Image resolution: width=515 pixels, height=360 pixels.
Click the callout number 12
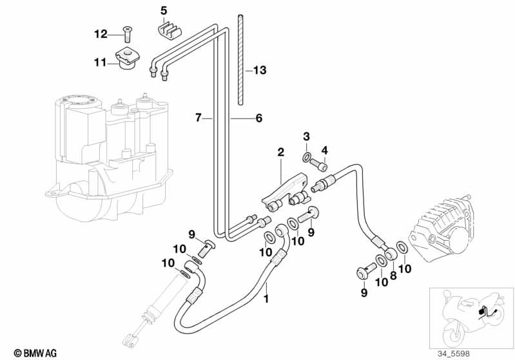[x=101, y=33]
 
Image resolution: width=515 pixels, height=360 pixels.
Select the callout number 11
[x=100, y=62]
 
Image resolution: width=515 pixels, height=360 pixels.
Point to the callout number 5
[x=164, y=10]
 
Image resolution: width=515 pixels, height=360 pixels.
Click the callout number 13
[x=260, y=70]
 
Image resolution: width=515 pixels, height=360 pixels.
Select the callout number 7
[x=198, y=117]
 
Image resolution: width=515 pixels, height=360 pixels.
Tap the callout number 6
[x=259, y=118]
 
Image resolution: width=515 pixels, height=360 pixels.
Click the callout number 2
[x=280, y=152]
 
